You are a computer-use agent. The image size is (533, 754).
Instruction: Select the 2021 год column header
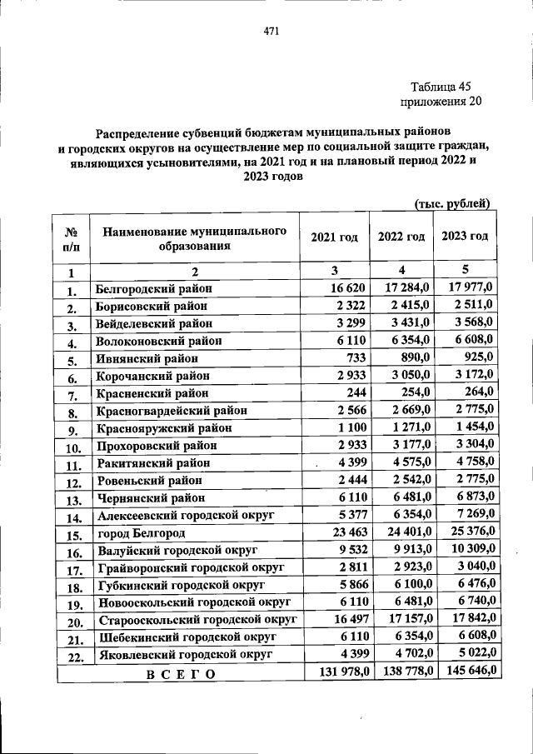click(x=334, y=237)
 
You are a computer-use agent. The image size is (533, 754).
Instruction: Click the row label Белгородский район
click(x=154, y=288)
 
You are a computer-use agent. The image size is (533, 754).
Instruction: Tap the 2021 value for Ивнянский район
click(x=354, y=358)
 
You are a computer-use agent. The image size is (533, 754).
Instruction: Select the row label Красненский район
click(x=152, y=392)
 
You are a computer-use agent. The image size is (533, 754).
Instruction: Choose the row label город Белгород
click(x=140, y=532)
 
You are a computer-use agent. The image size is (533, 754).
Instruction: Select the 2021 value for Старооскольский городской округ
click(x=348, y=619)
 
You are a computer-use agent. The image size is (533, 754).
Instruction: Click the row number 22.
click(x=72, y=656)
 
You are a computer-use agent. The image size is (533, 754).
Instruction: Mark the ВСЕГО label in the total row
click(x=180, y=673)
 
